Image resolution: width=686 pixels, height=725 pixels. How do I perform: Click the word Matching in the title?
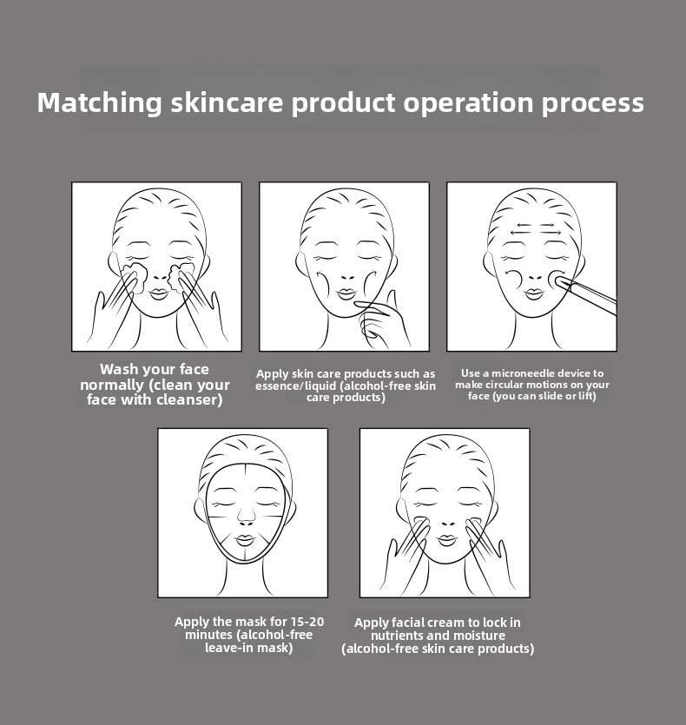pyautogui.click(x=100, y=103)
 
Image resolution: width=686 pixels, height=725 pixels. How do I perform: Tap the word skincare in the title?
pyautogui.click(x=227, y=102)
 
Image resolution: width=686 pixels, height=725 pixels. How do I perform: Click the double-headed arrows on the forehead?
pyautogui.click(x=536, y=229)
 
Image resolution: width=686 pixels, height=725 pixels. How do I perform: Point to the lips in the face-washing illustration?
pyautogui.click(x=158, y=294)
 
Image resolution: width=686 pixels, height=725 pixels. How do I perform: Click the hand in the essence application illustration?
pyautogui.click(x=381, y=321)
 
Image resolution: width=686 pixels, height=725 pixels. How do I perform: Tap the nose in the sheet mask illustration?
pyautogui.click(x=246, y=517)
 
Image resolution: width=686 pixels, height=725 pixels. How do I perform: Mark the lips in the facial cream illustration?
pyautogui.click(x=447, y=540)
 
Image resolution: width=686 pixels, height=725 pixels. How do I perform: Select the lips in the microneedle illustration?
pyautogui.click(x=534, y=294)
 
